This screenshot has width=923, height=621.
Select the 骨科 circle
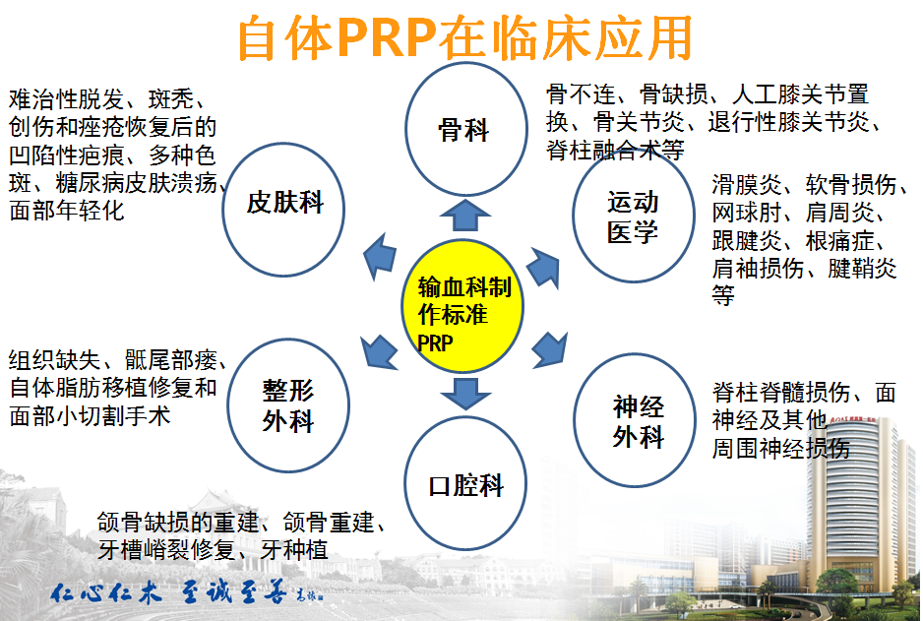462,128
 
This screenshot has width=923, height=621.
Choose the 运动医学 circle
632,217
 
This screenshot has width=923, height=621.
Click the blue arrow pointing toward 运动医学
542,267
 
